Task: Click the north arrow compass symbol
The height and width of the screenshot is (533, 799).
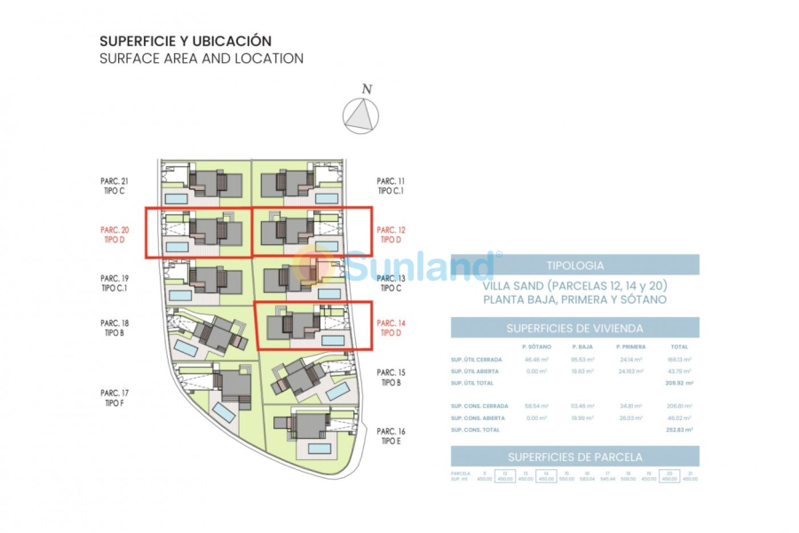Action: coord(361,115)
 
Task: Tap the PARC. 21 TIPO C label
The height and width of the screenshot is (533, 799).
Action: coord(115,185)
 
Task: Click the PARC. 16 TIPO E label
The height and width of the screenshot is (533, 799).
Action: coord(392,435)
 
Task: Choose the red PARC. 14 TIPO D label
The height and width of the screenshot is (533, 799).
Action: coord(392,328)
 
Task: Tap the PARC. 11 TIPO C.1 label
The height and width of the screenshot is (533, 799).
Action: coord(392,185)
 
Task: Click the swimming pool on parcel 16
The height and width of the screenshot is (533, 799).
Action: coord(320,449)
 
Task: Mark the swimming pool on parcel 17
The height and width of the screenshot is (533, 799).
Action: coord(224,413)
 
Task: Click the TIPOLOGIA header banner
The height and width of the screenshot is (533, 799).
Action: coord(574,265)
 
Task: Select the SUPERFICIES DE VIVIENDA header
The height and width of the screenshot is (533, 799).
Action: coord(574,328)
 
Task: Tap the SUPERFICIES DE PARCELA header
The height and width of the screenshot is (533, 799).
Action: coord(574,457)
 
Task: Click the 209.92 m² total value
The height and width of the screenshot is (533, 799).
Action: coord(678,383)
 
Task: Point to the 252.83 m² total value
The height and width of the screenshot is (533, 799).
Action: coord(678,430)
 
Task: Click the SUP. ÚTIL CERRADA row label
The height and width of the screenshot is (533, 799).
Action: coord(477,360)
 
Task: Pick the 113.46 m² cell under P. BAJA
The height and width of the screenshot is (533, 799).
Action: coord(581,406)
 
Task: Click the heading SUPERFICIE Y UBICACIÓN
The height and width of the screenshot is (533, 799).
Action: coord(186,41)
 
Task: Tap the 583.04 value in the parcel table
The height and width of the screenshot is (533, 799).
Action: coord(587,479)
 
